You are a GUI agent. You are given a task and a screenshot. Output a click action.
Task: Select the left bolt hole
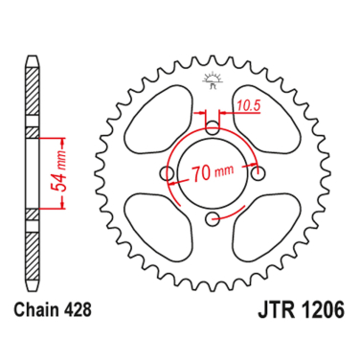tap(167, 174)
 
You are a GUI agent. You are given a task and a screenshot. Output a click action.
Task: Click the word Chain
tap(43, 310)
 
